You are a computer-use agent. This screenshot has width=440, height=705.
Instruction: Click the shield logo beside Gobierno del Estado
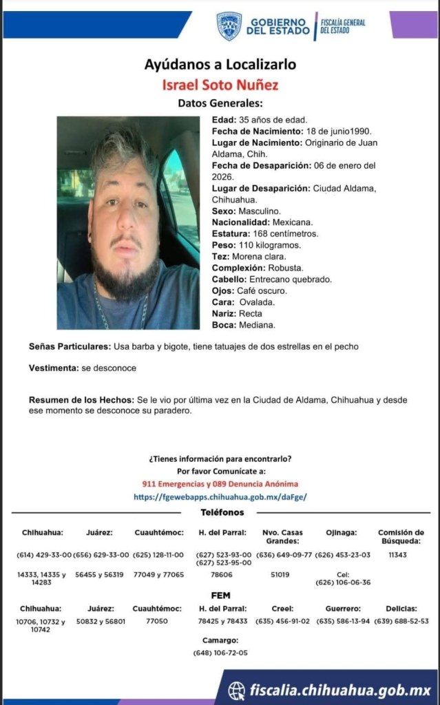point(229,26)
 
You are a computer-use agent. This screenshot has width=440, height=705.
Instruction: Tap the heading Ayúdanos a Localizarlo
point(220,65)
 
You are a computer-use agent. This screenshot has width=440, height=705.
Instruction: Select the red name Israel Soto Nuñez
point(220,85)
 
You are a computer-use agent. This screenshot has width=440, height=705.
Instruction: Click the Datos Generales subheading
point(220,104)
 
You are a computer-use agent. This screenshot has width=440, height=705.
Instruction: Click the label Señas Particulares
point(69,346)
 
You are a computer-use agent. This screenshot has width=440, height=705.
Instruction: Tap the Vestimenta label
point(54,368)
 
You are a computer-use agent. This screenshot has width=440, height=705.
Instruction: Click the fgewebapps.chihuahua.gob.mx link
point(220,496)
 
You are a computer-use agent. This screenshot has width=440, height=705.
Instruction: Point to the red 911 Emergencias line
point(220,484)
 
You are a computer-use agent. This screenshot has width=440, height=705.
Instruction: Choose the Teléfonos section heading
point(222,512)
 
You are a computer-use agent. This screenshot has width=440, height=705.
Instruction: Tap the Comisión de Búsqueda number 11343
point(398,554)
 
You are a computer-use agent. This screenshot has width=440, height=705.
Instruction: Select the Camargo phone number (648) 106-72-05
point(220,653)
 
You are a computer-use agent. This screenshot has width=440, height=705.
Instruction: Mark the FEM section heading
point(220,596)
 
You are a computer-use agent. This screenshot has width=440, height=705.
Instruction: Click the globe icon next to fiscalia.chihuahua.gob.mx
point(237,690)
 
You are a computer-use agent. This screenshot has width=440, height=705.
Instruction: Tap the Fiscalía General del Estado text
point(342,26)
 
